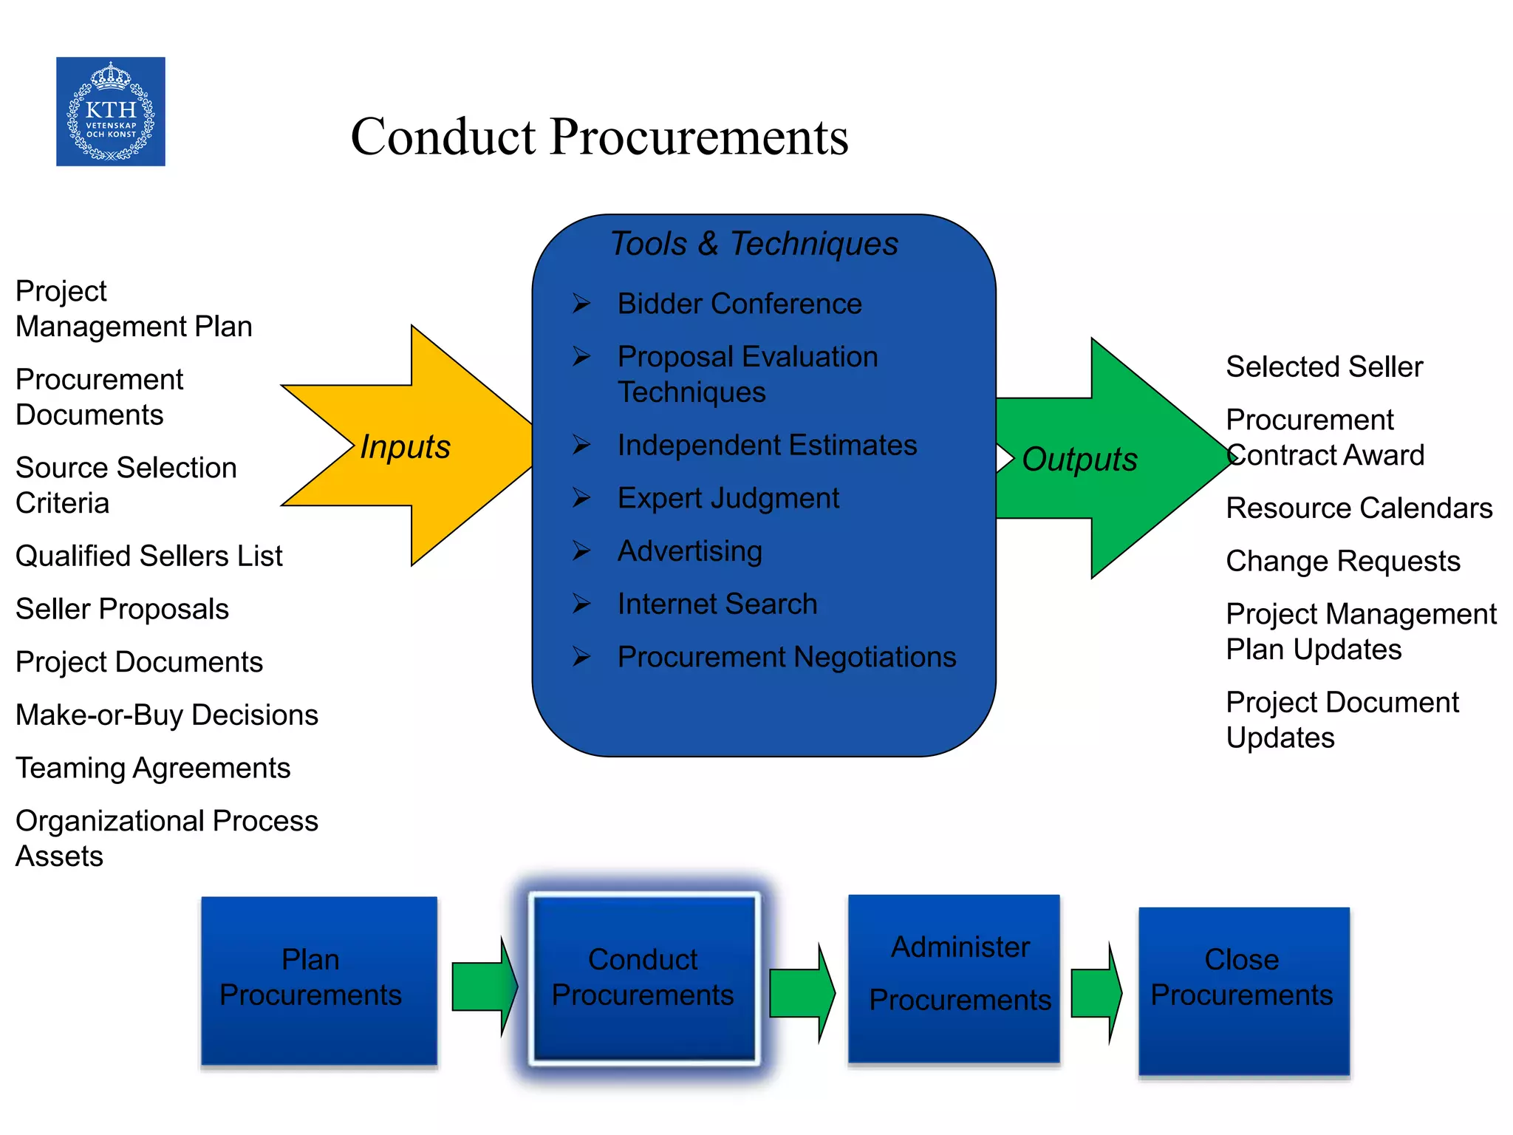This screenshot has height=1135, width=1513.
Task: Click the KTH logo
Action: tap(111, 112)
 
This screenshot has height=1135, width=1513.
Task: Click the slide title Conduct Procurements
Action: tap(599, 137)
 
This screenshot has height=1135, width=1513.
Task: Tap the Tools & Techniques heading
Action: tap(754, 244)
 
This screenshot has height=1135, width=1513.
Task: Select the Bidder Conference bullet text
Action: tap(740, 304)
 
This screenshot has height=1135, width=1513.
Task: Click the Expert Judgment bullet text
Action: tap(728, 498)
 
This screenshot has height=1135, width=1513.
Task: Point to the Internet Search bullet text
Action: tap(717, 604)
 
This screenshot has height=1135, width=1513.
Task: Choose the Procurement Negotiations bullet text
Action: tap(787, 657)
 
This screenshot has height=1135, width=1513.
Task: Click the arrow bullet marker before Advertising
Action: tap(581, 551)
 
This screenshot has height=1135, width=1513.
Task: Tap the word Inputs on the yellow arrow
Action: tap(405, 446)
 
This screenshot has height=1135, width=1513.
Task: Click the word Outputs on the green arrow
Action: tap(1079, 459)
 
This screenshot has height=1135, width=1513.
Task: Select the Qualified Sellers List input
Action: tap(149, 556)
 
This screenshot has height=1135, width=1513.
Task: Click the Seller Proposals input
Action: tap(123, 609)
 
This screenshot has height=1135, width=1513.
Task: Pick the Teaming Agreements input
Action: tap(153, 768)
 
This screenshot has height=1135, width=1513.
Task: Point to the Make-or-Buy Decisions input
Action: tap(167, 715)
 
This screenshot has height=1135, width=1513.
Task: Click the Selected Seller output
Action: tap(1324, 367)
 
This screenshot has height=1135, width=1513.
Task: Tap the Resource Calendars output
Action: tap(1359, 508)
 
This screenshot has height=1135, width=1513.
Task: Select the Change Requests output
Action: tap(1342, 561)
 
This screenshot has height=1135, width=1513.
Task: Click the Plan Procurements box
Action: tap(318, 980)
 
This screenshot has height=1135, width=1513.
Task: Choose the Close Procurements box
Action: tap(1243, 990)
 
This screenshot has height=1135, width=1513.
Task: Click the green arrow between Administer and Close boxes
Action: tap(1096, 993)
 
